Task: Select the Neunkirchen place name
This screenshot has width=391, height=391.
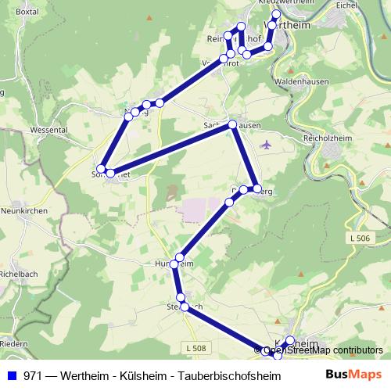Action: [24, 211]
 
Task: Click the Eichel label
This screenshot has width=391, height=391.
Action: [368, 5]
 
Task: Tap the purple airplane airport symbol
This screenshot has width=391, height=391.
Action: [267, 144]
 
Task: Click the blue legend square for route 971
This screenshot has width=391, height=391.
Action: [11, 375]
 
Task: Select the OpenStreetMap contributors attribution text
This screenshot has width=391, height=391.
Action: [322, 350]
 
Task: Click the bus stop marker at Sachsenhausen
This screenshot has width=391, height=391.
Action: [232, 124]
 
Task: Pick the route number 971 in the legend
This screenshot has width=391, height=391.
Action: [34, 375]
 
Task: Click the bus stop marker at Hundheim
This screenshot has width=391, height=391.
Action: [180, 257]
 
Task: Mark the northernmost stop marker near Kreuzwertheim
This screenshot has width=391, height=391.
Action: [275, 15]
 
